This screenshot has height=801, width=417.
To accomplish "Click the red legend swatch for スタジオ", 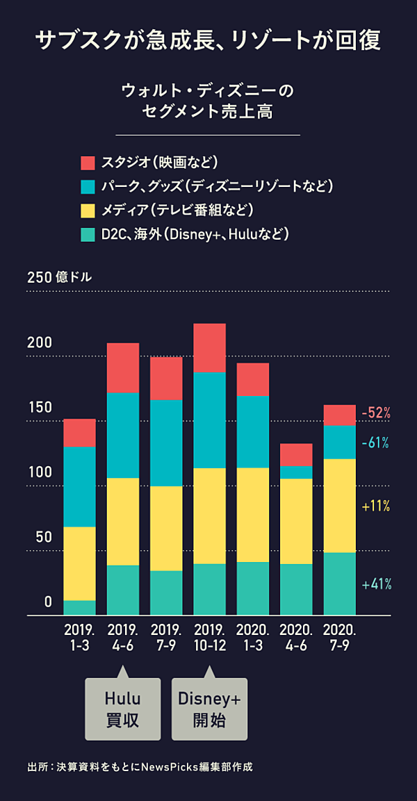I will point(88,163).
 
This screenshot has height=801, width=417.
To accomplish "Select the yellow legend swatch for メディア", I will point(88,210).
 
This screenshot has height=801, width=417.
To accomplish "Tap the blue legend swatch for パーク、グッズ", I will point(88,187).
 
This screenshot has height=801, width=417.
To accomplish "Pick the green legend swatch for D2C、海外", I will point(88,234).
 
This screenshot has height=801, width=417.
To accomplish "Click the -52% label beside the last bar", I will point(376,413).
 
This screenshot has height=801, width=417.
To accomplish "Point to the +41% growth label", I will point(377,584).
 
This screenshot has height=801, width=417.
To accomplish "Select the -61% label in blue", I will point(375,443).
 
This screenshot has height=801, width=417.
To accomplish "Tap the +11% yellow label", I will point(376,506).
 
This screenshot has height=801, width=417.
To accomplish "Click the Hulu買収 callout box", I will point(122,709).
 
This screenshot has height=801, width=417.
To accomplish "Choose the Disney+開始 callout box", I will point(209,709).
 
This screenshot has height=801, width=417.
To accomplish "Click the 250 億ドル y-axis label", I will point(60,277).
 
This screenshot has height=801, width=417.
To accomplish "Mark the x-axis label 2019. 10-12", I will point(209,637).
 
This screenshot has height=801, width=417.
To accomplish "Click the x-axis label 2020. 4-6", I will point(296,637).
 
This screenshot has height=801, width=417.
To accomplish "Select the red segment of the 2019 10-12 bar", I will point(209,347).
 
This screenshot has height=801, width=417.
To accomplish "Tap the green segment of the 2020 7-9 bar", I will point(339,584).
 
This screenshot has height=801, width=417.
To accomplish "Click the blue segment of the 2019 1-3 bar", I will point(79,486).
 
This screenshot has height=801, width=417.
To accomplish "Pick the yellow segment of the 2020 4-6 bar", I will point(296,521).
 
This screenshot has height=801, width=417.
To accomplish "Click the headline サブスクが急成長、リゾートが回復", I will point(208,40).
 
